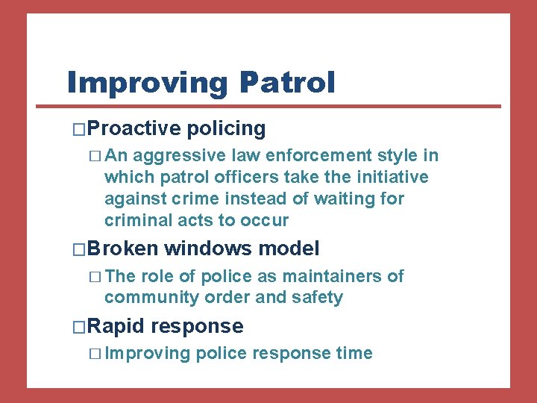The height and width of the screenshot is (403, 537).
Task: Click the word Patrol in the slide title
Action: click(x=287, y=82)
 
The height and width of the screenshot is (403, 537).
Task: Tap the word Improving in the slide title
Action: click(x=147, y=83)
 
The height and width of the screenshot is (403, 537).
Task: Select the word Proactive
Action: click(x=135, y=128)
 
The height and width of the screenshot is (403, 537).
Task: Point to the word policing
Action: click(x=226, y=128)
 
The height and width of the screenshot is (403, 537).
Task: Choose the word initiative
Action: click(x=392, y=178)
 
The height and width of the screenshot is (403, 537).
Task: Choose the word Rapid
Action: click(x=118, y=326)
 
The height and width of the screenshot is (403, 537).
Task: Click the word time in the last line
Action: click(x=354, y=354)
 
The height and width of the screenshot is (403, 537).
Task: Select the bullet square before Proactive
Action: click(x=80, y=129)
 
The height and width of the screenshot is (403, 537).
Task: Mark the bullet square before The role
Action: click(x=92, y=277)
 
